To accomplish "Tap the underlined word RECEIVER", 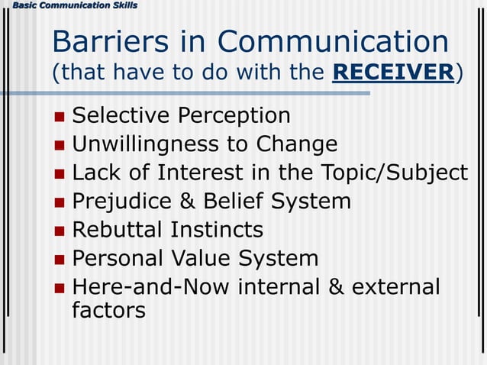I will click(x=394, y=73).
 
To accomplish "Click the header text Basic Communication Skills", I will click(x=69, y=6).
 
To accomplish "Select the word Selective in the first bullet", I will click(x=121, y=116).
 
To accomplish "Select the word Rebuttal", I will click(x=118, y=230).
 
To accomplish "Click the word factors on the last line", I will click(x=108, y=311).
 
